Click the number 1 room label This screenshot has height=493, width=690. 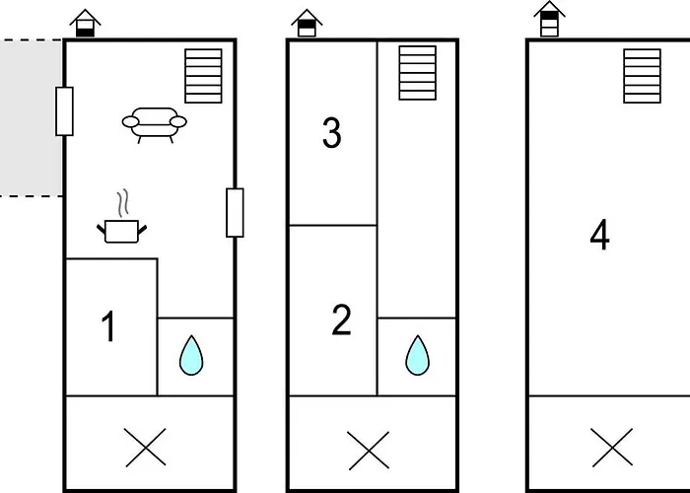tap(109, 327)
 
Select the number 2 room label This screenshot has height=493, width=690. tap(341, 320)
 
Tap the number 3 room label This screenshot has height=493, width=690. tap(332, 134)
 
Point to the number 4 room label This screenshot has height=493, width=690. tap(599, 237)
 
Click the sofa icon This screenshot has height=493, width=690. tap(155, 124)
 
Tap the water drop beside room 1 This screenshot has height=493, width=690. tap(191, 355)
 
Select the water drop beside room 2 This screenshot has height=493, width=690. tap(418, 355)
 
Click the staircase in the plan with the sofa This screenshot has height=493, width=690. tap(204, 76)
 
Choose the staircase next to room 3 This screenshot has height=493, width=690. tap(417, 72)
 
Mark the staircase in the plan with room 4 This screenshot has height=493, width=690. tap(642, 76)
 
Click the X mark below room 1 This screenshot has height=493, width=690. tap(147, 450)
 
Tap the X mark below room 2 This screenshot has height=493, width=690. tap(368, 451)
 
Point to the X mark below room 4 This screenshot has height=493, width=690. tap(611, 450)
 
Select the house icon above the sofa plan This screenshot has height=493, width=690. tap(86, 23)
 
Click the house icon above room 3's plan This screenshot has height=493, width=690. tap(309, 23)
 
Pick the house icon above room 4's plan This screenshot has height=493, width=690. tap(549, 20)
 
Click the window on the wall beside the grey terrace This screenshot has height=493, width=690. tap(64, 110)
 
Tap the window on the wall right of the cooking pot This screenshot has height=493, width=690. tap(235, 212)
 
